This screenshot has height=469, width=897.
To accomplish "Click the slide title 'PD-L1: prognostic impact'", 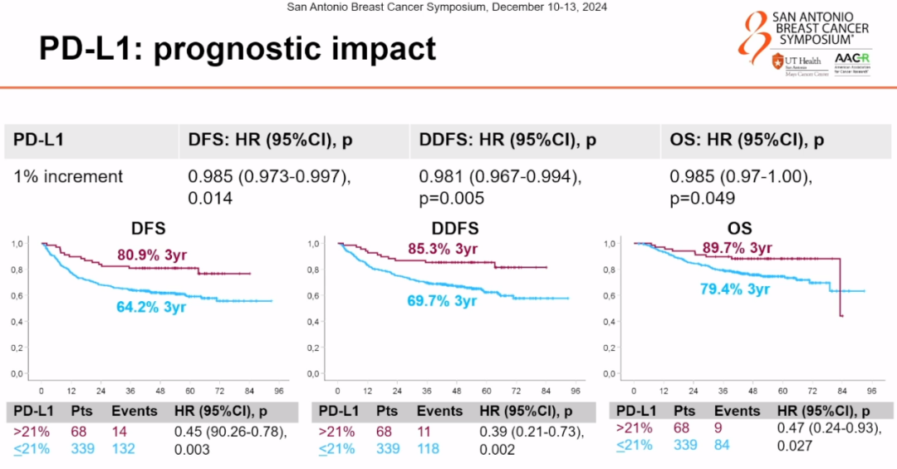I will tap(237, 49).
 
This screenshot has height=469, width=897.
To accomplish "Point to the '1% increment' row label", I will tap(68, 176).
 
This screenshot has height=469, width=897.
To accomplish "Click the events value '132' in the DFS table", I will tap(125, 449).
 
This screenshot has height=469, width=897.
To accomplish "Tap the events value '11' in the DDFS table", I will tap(424, 432).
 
